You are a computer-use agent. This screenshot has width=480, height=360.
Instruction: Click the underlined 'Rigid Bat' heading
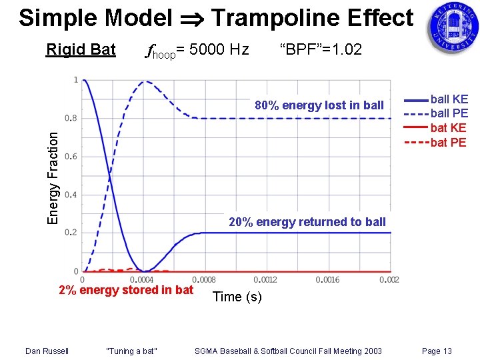pyautogui.click(x=81, y=50)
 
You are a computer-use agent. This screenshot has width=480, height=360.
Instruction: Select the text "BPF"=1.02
pyautogui.click(x=321, y=50)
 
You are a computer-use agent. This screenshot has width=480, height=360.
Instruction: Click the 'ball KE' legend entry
pyautogui.click(x=449, y=100)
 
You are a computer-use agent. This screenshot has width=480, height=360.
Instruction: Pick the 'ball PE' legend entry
pyautogui.click(x=449, y=114)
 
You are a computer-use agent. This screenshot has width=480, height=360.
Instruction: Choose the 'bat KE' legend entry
pyautogui.click(x=449, y=128)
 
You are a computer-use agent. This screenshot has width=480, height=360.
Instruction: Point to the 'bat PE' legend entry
pyautogui.click(x=449, y=142)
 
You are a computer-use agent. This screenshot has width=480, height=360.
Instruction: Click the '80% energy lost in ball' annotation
pyautogui.click(x=319, y=105)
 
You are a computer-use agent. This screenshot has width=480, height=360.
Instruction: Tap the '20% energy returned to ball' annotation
pyautogui.click(x=307, y=222)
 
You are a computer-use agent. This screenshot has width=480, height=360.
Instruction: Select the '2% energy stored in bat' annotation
pyautogui.click(x=126, y=290)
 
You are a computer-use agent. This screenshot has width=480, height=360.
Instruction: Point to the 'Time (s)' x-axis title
pyautogui.click(x=237, y=297)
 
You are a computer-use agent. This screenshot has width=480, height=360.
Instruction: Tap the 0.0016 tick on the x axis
pyautogui.click(x=327, y=280)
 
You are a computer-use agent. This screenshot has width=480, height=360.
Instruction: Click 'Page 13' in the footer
pyautogui.click(x=437, y=351)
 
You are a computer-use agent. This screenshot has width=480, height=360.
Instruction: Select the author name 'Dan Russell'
pyautogui.click(x=47, y=351)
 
